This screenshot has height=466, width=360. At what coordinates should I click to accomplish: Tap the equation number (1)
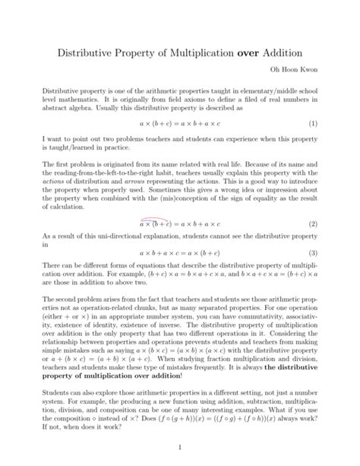point(312,122)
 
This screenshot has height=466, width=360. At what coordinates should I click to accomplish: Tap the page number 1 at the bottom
point(180,449)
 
